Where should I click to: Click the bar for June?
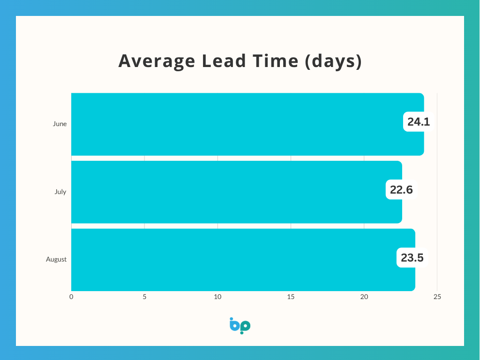click(247, 124)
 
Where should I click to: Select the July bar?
click(237, 192)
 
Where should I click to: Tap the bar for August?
click(243, 260)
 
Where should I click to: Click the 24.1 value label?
click(419, 122)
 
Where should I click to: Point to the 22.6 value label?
click(401, 190)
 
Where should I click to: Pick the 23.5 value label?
click(412, 258)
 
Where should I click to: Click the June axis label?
click(60, 124)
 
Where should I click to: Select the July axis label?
click(60, 192)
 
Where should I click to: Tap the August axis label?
click(56, 260)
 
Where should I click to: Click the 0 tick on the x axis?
click(71, 297)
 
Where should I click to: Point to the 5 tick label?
click(144, 297)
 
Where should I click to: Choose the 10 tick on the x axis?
click(217, 297)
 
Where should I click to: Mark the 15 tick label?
click(291, 297)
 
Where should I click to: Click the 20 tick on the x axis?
click(364, 297)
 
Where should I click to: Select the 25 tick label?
click(437, 297)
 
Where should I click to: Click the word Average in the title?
click(157, 61)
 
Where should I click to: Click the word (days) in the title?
click(333, 61)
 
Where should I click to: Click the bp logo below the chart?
click(240, 326)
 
